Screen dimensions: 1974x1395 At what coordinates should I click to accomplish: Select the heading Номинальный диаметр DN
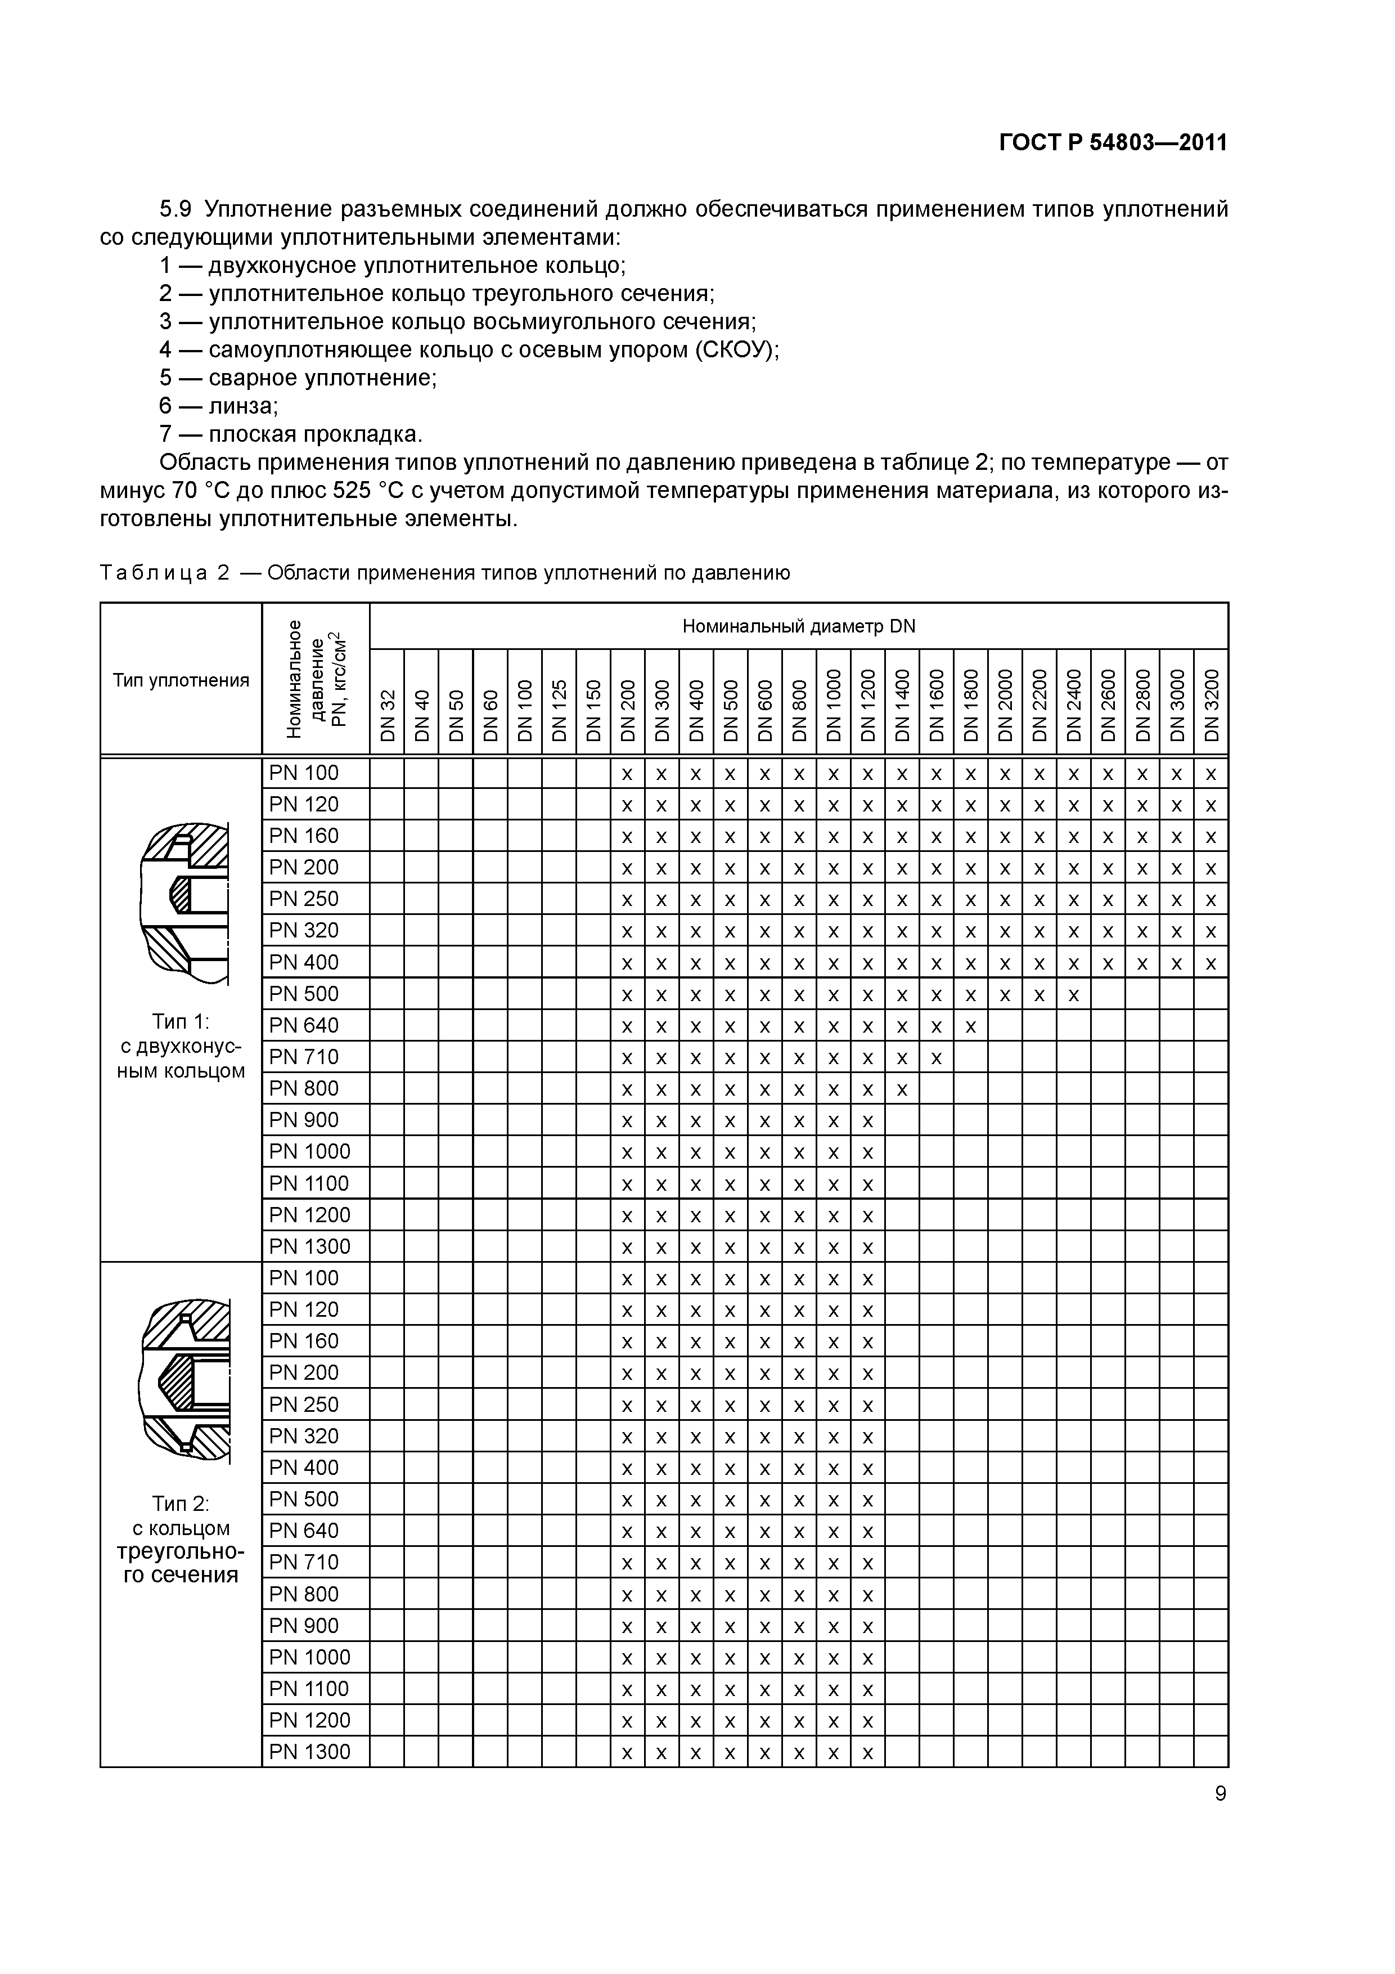pos(799,626)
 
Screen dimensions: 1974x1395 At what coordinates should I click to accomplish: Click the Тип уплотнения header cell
pos(181,680)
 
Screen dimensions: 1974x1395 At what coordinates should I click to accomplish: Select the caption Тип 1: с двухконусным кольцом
pos(181,1046)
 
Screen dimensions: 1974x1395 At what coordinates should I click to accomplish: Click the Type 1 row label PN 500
pos(304,994)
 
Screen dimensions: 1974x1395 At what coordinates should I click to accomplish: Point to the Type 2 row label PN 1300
pos(309,1751)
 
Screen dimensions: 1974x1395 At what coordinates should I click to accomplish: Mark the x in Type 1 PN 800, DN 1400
pos(902,1090)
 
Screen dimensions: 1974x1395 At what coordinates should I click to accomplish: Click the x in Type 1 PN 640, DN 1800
pos(970,1026)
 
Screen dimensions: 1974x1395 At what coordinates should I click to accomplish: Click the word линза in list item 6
pos(242,406)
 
